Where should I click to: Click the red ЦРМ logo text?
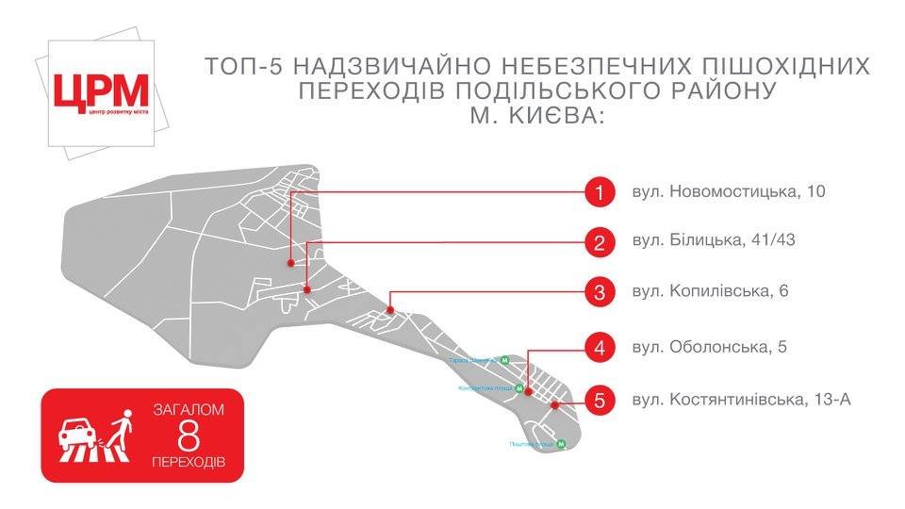point(101,91)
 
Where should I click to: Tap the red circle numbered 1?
point(598,193)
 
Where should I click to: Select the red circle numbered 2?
point(598,242)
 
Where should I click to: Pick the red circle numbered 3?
point(598,291)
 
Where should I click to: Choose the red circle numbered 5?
point(598,400)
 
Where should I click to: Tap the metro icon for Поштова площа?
point(560,444)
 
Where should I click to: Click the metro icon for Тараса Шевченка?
point(505,360)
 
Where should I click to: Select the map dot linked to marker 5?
point(555,405)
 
